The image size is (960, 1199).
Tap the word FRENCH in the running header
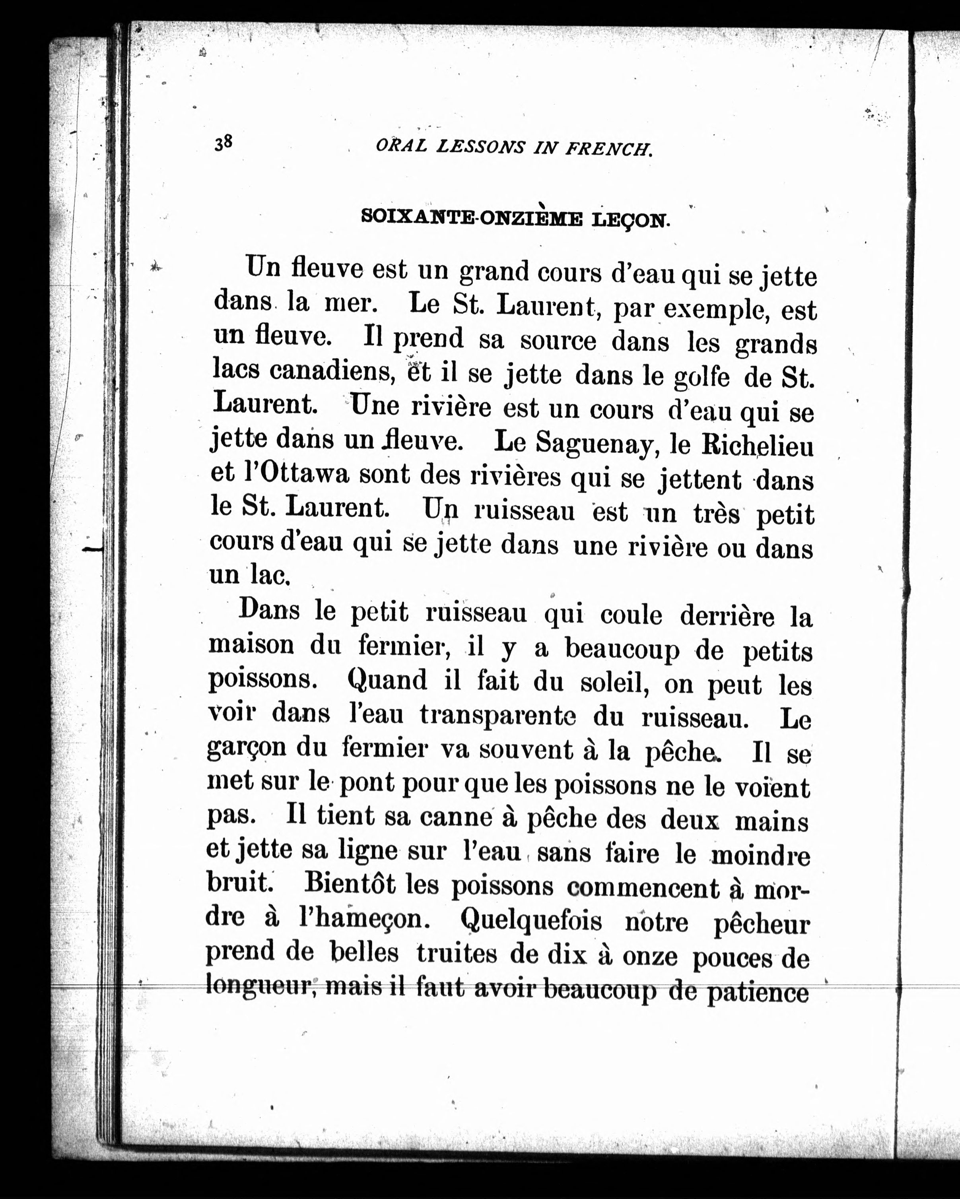click(608, 149)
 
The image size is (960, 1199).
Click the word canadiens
click(332, 371)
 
